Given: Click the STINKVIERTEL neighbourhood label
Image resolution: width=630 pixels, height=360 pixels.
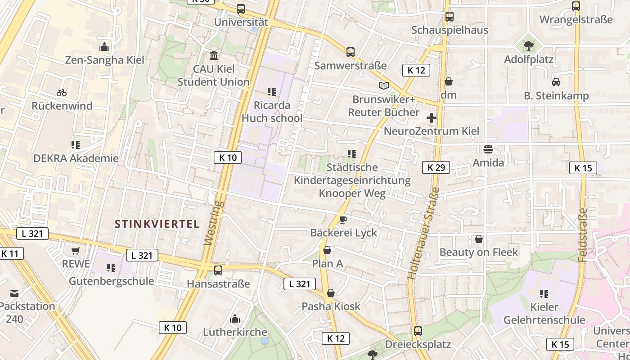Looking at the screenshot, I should pyautogui.click(x=157, y=224).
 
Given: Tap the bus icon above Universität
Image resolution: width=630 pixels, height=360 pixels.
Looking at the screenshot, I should pyautogui.click(x=241, y=9).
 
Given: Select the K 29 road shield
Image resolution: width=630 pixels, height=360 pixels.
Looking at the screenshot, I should pyautogui.click(x=436, y=167).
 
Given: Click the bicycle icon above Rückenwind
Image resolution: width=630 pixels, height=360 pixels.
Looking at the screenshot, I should pyautogui.click(x=62, y=93).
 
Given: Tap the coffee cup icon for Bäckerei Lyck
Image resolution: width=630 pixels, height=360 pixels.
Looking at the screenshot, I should pyautogui.click(x=343, y=220).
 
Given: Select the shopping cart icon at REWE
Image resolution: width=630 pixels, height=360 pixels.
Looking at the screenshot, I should pyautogui.click(x=76, y=251).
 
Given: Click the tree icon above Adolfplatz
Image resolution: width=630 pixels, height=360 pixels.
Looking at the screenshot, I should pyautogui.click(x=529, y=45).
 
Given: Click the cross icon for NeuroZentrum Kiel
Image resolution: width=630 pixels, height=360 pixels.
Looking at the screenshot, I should pyautogui.click(x=431, y=118).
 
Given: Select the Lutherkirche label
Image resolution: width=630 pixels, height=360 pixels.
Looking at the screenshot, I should pyautogui.click(x=235, y=332).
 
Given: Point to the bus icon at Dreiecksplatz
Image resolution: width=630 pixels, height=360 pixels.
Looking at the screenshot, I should pyautogui.click(x=418, y=331).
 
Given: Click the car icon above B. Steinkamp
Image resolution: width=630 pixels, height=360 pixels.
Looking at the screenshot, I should pyautogui.click(x=556, y=82).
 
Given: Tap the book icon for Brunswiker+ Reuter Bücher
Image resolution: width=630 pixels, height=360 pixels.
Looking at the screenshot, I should pyautogui.click(x=383, y=85).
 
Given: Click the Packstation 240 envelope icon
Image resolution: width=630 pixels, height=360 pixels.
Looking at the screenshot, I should pyautogui.click(x=14, y=293).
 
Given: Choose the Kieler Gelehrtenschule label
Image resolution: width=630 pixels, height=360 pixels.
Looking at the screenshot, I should pyautogui.click(x=544, y=314).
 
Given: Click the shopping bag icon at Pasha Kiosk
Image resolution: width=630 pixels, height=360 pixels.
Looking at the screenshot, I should pyautogui.click(x=331, y=293).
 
